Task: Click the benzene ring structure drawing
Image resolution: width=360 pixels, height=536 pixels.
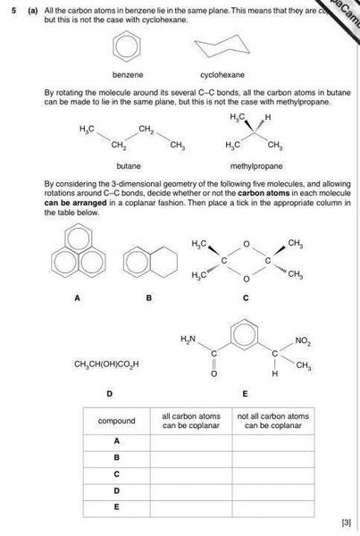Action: pyautogui.click(x=129, y=47)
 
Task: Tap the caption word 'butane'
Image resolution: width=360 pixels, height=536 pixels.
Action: pyautogui.click(x=129, y=166)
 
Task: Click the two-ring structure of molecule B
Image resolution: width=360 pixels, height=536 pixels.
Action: pyautogui.click(x=149, y=261)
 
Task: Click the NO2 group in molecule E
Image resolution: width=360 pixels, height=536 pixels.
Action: pyautogui.click(x=302, y=340)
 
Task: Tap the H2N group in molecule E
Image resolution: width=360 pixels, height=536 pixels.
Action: pyautogui.click(x=188, y=339)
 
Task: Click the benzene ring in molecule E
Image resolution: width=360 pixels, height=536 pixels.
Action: pyautogui.click(x=242, y=339)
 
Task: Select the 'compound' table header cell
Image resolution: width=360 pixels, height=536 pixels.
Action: pyautogui.click(x=116, y=421)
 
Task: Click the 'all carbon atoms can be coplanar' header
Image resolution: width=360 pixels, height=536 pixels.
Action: pyautogui.click(x=191, y=421)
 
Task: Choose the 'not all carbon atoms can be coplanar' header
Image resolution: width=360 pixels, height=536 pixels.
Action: pyautogui.click(x=272, y=421)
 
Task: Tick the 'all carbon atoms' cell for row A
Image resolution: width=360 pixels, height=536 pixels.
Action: pyautogui.click(x=191, y=441)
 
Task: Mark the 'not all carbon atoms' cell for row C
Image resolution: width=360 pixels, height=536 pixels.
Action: pyautogui.click(x=272, y=473)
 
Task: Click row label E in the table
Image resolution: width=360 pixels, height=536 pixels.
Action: pyautogui.click(x=116, y=506)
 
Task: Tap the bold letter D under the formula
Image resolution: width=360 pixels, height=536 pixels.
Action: pyautogui.click(x=109, y=393)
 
